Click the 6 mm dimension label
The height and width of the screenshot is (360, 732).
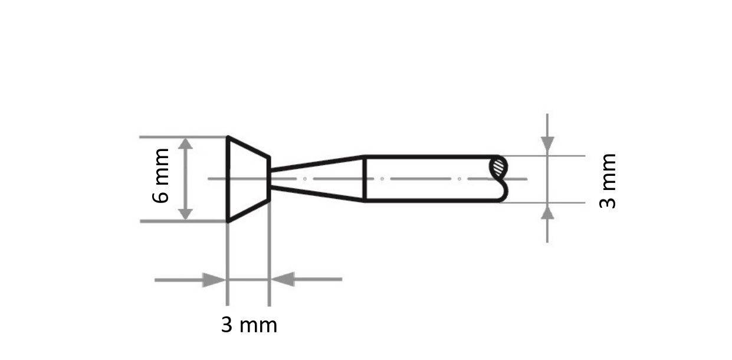pyautogui.click(x=160, y=175)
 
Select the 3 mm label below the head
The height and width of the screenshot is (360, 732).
pyautogui.click(x=249, y=325)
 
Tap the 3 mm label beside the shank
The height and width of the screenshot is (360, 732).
pyautogui.click(x=608, y=181)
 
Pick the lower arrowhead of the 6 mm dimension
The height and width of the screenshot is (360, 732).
pyautogui.click(x=186, y=214)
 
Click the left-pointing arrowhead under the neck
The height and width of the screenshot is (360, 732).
pyautogui.click(x=283, y=279)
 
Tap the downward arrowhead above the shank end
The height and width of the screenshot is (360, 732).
pyautogui.click(x=547, y=143)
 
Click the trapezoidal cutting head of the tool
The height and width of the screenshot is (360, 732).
pyautogui.click(x=248, y=178)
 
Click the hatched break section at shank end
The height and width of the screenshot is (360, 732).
pyautogui.click(x=499, y=166)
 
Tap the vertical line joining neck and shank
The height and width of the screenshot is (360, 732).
pyautogui.click(x=365, y=178)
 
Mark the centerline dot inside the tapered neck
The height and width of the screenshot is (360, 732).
pyautogui.click(x=304, y=178)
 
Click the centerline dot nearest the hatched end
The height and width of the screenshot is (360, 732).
pyautogui.click(x=459, y=178)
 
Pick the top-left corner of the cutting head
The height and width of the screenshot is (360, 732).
pyautogui.click(x=228, y=138)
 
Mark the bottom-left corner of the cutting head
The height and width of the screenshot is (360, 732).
pyautogui.click(x=228, y=221)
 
